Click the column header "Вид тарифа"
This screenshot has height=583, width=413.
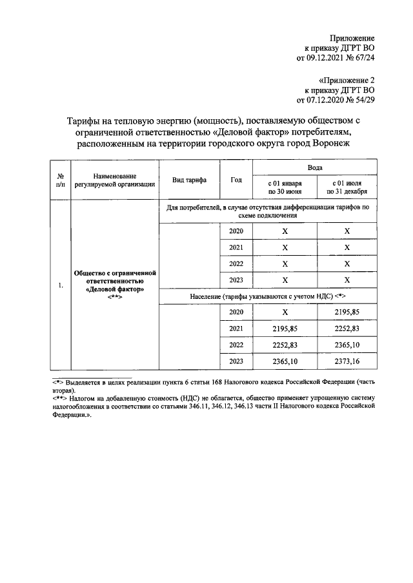coord(189,180)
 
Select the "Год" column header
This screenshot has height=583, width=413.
coord(236,180)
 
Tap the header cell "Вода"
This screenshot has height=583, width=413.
coord(315,167)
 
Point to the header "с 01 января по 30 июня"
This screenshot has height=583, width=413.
coord(285,187)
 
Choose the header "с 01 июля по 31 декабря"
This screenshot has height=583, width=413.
coord(347,187)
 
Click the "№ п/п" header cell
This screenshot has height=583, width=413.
coord(60,180)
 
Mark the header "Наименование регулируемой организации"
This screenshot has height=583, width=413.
coord(114,180)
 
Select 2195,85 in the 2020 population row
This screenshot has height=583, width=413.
coord(347,312)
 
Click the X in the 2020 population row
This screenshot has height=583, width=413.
coord(285,312)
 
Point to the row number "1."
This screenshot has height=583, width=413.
coord(60,285)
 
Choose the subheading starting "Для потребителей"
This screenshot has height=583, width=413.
coord(267,212)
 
